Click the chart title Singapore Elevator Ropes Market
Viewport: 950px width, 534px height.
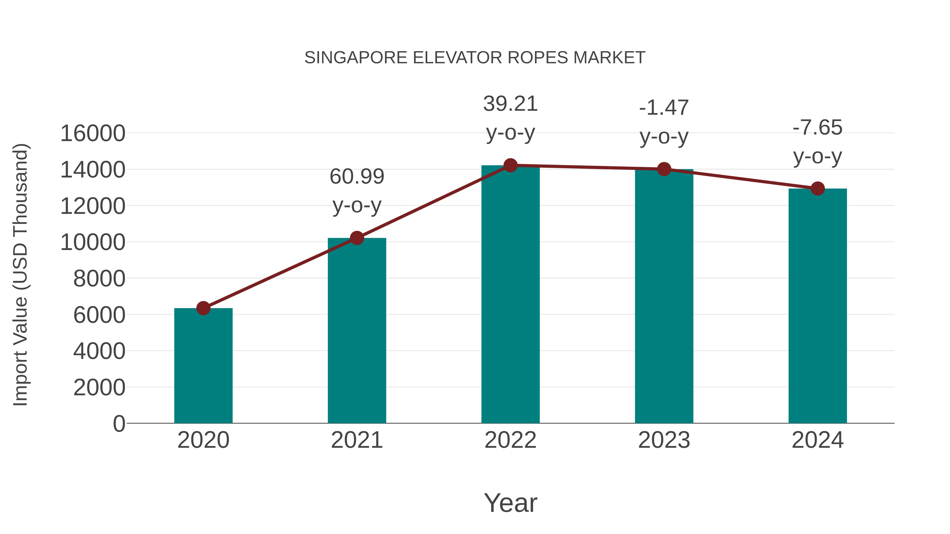475,58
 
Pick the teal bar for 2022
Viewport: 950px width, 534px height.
510,295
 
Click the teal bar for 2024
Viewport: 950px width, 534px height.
818,306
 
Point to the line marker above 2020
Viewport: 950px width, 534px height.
203,308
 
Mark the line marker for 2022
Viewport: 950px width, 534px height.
510,165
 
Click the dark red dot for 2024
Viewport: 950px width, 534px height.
818,189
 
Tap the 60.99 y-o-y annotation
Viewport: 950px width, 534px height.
357,191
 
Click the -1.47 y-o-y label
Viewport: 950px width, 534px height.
664,122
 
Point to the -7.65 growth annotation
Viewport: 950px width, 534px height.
818,142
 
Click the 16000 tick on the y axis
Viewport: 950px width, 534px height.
93,133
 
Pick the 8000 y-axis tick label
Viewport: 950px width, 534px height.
99,279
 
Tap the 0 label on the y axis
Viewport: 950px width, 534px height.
119,424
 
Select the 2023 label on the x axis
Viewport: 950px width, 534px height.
664,440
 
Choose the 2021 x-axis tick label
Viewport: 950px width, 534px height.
357,440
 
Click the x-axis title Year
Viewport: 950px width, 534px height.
510,503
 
